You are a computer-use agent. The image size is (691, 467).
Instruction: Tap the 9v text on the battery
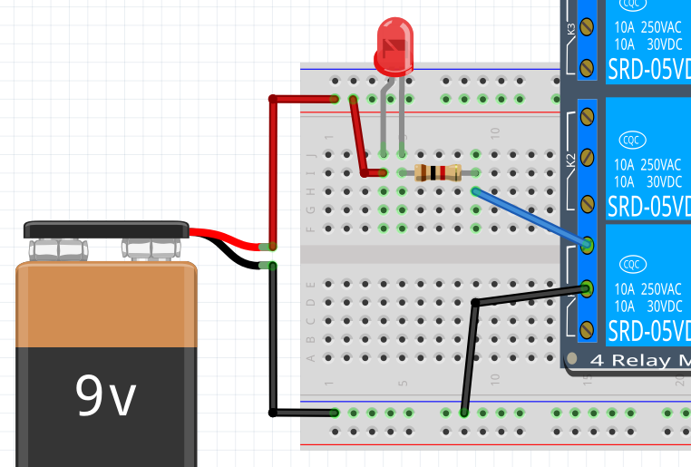point(105,395)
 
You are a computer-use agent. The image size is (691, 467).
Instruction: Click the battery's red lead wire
point(227,239)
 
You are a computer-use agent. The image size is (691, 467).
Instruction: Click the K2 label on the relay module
point(571,161)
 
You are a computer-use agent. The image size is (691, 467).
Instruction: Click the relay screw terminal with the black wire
point(587,289)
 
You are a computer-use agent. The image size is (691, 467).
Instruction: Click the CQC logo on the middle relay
point(632,140)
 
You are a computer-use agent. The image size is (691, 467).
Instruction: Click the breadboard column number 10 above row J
point(495,133)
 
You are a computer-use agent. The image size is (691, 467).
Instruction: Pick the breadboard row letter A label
point(311,357)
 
